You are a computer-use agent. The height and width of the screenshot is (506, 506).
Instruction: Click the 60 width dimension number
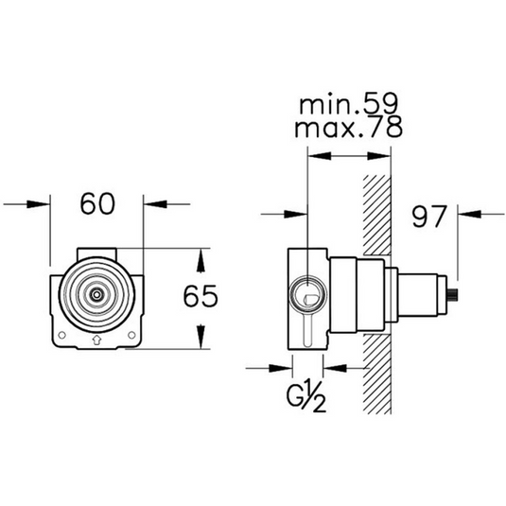(96, 203)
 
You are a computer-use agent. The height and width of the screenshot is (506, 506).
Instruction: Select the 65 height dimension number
(201, 297)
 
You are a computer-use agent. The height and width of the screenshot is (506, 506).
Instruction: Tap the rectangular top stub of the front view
(96, 252)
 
